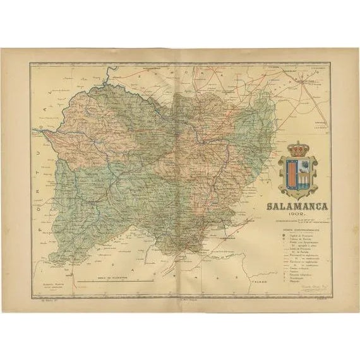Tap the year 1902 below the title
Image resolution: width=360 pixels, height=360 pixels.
297,217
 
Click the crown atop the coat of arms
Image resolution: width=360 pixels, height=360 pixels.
297,150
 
